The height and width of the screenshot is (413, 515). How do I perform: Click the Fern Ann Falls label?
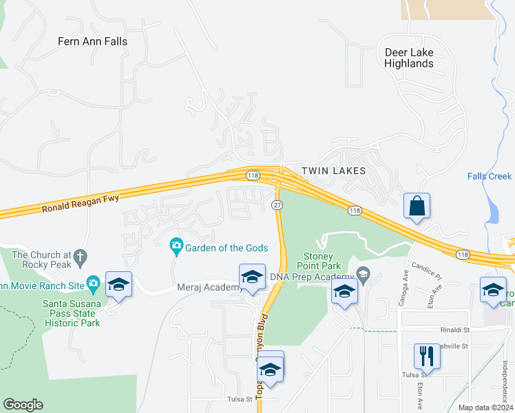[x=92, y=41]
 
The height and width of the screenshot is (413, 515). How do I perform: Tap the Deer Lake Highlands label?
[x=409, y=58]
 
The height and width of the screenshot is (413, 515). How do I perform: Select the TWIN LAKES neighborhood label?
[x=333, y=170]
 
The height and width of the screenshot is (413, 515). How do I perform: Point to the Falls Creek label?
[x=490, y=176]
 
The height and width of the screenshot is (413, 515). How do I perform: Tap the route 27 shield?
[x=277, y=205]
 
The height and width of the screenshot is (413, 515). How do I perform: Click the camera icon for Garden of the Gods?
[x=176, y=245]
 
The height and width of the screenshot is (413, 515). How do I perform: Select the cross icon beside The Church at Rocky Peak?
[x=80, y=257]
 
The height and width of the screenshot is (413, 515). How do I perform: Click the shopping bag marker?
[x=417, y=206]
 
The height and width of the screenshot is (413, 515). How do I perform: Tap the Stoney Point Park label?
[x=319, y=261]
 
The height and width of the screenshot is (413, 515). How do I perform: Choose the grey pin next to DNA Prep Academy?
[x=364, y=276]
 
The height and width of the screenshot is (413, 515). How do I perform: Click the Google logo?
[x=23, y=405]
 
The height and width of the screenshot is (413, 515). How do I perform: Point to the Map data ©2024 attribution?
[x=485, y=407]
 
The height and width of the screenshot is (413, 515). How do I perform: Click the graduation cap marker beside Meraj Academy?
[x=252, y=277]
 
